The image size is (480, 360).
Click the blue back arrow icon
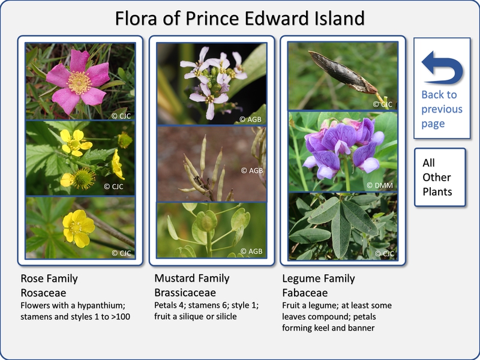point(443,68)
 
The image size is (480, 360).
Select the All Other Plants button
point(440,177)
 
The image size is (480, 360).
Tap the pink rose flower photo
point(80,81)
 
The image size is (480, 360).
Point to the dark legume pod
point(343,72)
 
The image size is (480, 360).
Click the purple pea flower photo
point(343,151)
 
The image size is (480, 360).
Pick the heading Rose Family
point(49,278)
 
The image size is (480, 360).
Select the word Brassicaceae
point(185,293)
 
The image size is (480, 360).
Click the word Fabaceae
point(305,293)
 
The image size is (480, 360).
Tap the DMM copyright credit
point(380,185)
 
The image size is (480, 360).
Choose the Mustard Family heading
point(191,278)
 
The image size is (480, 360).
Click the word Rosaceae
point(43,293)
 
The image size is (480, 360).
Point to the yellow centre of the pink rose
point(79,83)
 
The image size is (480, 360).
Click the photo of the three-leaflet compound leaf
point(343,226)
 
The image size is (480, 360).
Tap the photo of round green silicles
point(212,230)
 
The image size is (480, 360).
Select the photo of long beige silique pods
point(212,164)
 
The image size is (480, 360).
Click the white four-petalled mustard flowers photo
point(212,83)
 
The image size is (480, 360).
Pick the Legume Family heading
point(319,278)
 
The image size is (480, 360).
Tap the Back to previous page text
point(442,109)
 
